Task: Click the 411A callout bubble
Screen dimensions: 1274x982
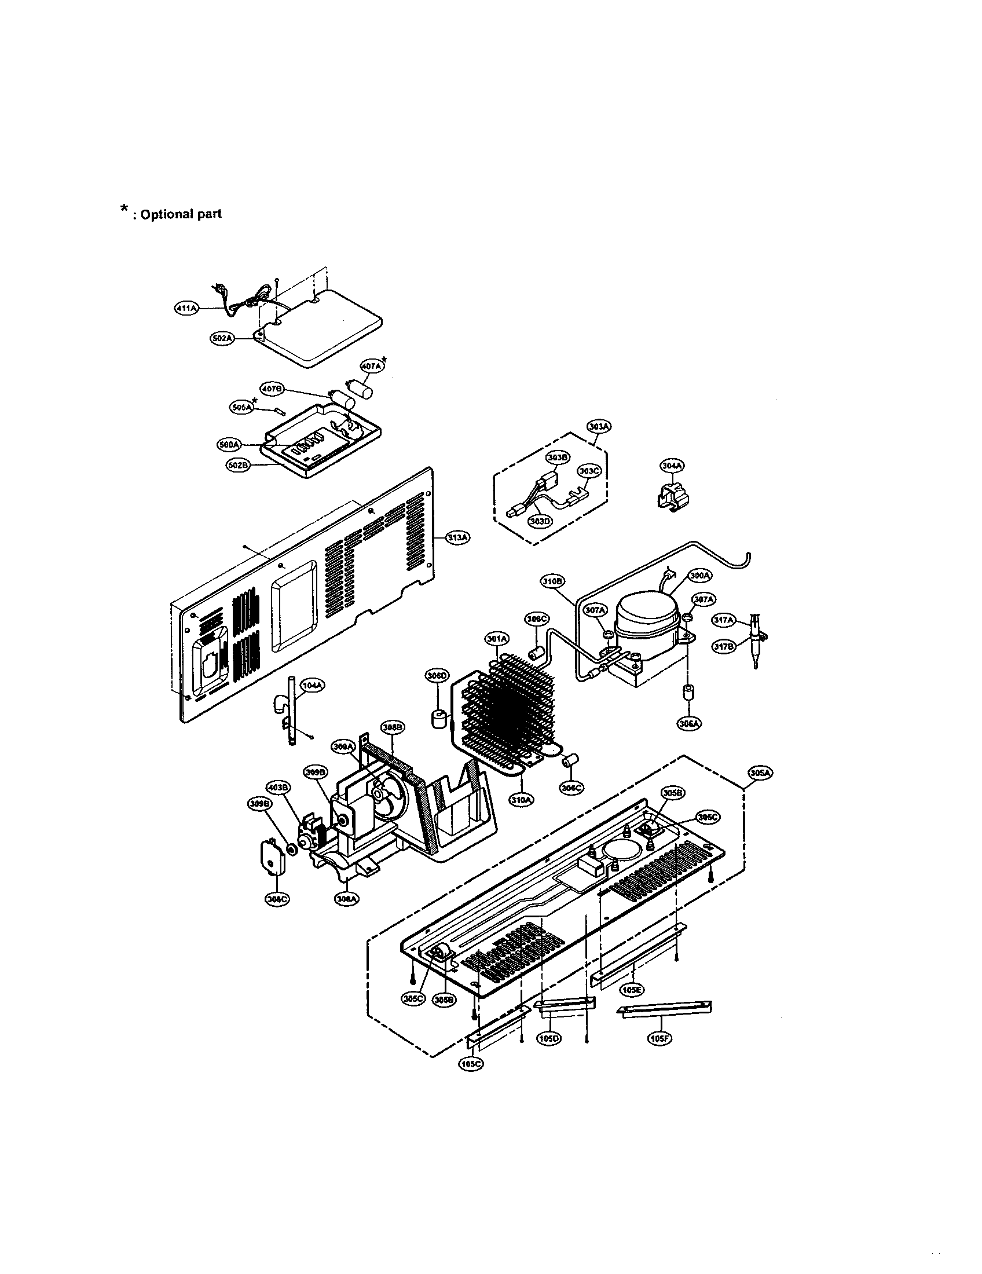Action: pyautogui.click(x=186, y=308)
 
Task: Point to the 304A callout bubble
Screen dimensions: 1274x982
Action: pyautogui.click(x=672, y=466)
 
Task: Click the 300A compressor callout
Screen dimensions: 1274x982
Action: pyautogui.click(x=700, y=576)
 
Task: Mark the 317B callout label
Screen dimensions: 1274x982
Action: pyautogui.click(x=724, y=646)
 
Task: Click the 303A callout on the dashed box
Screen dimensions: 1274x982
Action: pyautogui.click(x=599, y=427)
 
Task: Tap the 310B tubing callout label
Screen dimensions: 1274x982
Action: pyautogui.click(x=552, y=581)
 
